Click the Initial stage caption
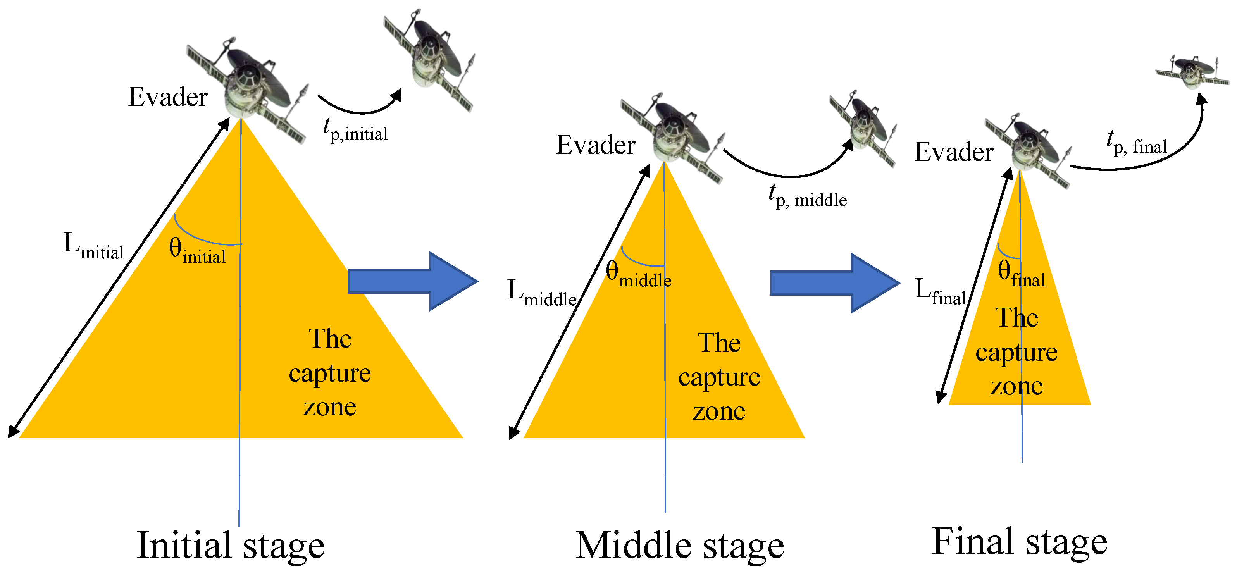[x=231, y=545]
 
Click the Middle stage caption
[x=679, y=546]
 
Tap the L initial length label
[x=94, y=246]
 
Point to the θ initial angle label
[x=197, y=251]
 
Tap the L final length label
[x=940, y=291]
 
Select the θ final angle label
[x=1021, y=273]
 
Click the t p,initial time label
[x=355, y=129]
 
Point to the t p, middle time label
[x=808, y=195]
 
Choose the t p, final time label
[x=1137, y=142]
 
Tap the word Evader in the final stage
[x=954, y=152]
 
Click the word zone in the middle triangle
[x=719, y=411]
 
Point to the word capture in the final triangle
[x=1016, y=353]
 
